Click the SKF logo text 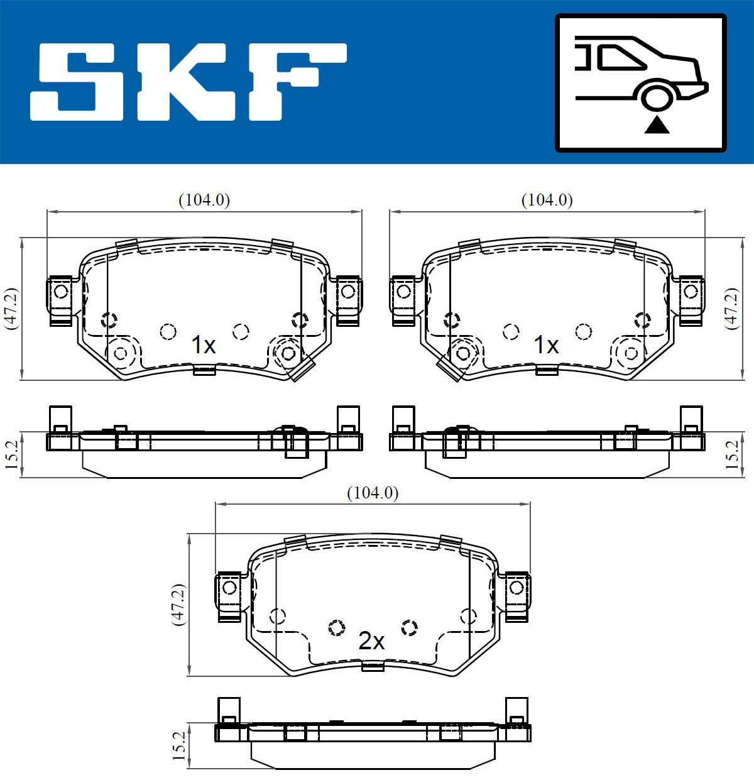[188, 82]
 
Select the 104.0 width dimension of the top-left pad [204, 200]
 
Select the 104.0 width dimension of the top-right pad [547, 200]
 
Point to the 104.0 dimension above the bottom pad [373, 494]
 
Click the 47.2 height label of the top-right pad [731, 309]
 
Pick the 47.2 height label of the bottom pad [179, 604]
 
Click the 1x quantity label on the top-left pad [203, 345]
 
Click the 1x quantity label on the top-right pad [546, 345]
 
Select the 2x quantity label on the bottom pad [371, 641]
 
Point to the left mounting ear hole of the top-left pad [61, 292]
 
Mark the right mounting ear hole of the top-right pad [691, 292]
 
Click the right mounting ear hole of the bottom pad [516, 588]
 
